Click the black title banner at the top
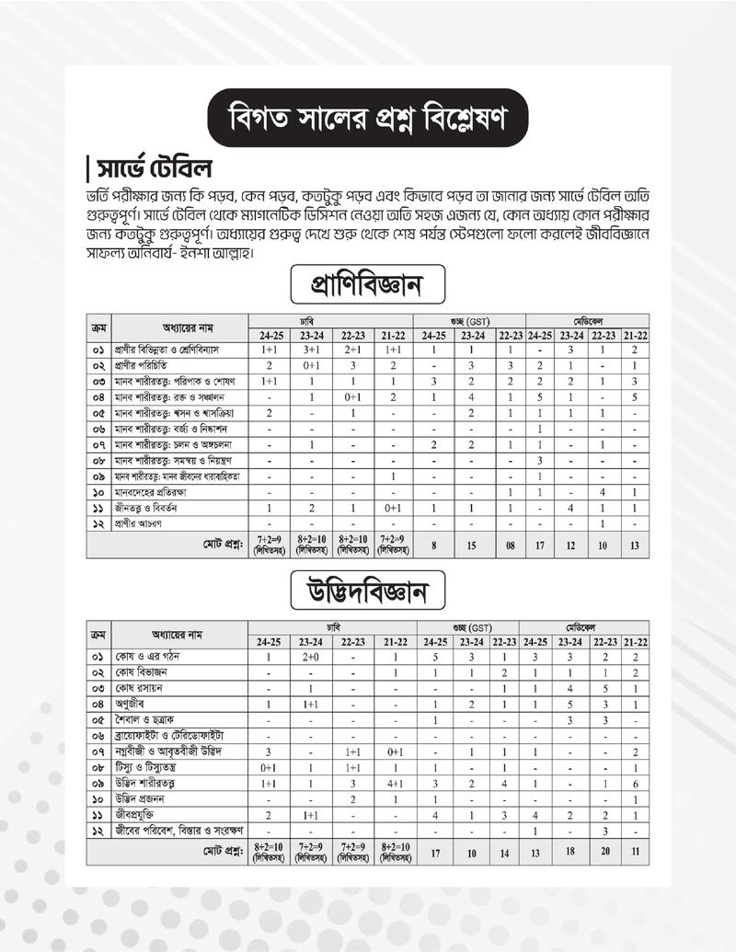click(367, 119)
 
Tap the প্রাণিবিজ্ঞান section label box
click(367, 286)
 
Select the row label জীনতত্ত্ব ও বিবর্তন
click(146, 508)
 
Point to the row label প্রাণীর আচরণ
click(139, 523)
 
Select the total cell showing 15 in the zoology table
click(471, 545)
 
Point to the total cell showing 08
click(509, 545)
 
